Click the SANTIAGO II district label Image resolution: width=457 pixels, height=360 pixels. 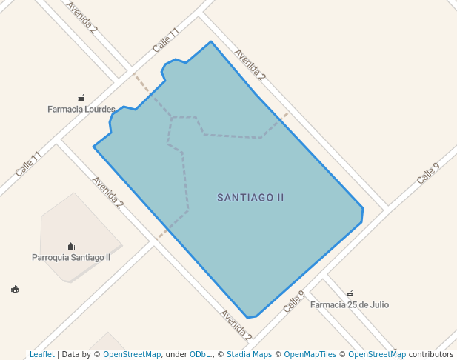coord(250,198)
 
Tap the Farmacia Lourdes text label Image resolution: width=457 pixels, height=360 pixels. coord(81,110)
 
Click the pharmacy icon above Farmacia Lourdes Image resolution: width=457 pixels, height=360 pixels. coord(81,98)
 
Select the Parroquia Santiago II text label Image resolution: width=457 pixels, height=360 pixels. coord(71,258)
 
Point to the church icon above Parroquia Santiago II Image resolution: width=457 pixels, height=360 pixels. coord(70,246)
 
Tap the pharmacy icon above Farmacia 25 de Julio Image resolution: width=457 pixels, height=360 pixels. coord(350,293)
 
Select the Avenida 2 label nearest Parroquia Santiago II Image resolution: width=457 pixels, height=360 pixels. coord(107,193)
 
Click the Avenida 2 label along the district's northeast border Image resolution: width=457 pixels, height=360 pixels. coord(250,64)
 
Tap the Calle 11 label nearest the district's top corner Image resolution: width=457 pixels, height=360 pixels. coord(166,40)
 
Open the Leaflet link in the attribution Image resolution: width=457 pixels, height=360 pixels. coord(42,354)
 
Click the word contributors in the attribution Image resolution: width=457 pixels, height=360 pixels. coord(431,354)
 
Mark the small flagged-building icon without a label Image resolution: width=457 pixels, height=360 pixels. coord(15,289)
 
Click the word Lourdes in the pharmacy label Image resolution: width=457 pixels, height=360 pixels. coord(100,110)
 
